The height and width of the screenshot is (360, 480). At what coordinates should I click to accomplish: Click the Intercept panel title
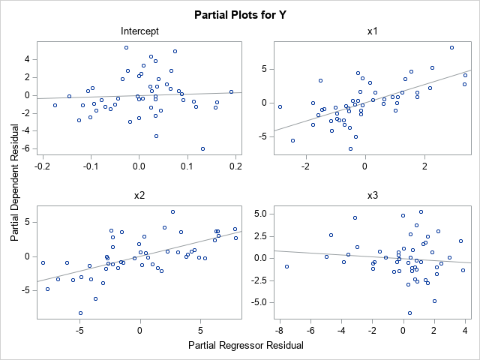(139, 31)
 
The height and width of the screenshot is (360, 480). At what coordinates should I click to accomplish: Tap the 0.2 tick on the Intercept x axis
(235, 165)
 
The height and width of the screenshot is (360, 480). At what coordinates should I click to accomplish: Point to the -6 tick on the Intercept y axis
(26, 148)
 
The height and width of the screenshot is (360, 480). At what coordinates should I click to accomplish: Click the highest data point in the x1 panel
(452, 47)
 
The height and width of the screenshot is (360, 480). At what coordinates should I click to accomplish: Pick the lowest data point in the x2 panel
(80, 313)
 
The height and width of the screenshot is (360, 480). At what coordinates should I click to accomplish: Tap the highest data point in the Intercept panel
(126, 47)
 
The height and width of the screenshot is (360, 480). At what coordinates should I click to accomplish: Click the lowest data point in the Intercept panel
(202, 148)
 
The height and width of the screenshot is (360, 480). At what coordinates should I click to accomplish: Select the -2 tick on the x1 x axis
(306, 165)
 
